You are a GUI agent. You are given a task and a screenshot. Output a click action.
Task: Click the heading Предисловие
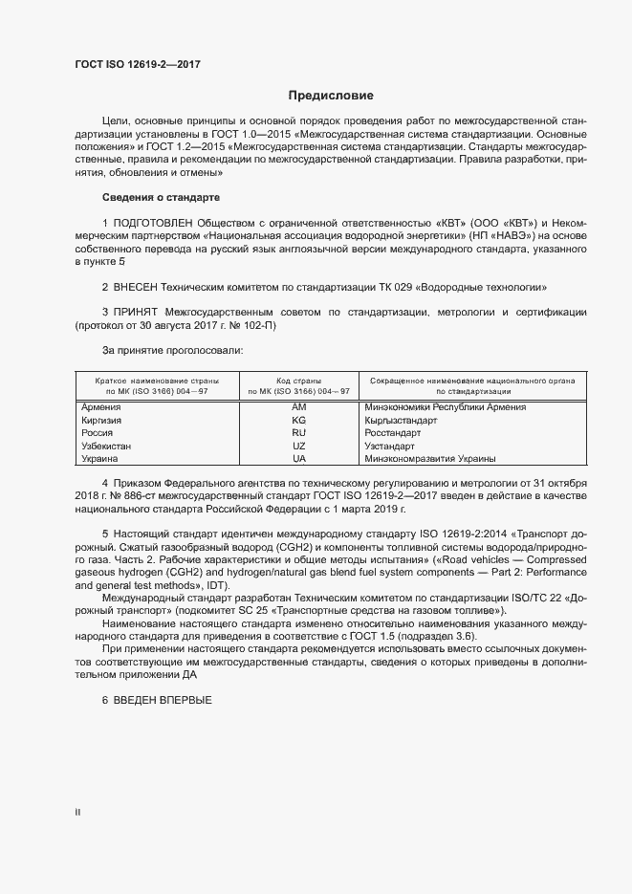[x=331, y=96]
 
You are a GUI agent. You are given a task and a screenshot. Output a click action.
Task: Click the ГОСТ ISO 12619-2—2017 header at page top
[x=138, y=65]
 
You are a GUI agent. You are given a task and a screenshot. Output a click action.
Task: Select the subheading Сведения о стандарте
[x=162, y=197]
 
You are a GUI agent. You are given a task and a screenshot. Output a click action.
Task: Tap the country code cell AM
[x=298, y=407]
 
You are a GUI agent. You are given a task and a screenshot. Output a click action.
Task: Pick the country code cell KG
[x=298, y=421]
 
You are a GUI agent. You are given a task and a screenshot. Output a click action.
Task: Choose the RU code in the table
[x=298, y=433]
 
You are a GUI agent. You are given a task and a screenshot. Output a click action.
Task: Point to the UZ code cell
[x=298, y=447]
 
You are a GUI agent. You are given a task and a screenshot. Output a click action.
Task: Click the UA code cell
[x=298, y=459]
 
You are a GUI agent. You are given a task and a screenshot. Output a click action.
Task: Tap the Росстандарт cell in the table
[x=392, y=433]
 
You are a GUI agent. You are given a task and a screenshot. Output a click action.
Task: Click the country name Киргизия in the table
[x=100, y=421]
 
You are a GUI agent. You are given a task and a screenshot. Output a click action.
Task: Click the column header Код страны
[x=298, y=381]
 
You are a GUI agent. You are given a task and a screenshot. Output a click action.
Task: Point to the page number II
[x=77, y=813]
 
